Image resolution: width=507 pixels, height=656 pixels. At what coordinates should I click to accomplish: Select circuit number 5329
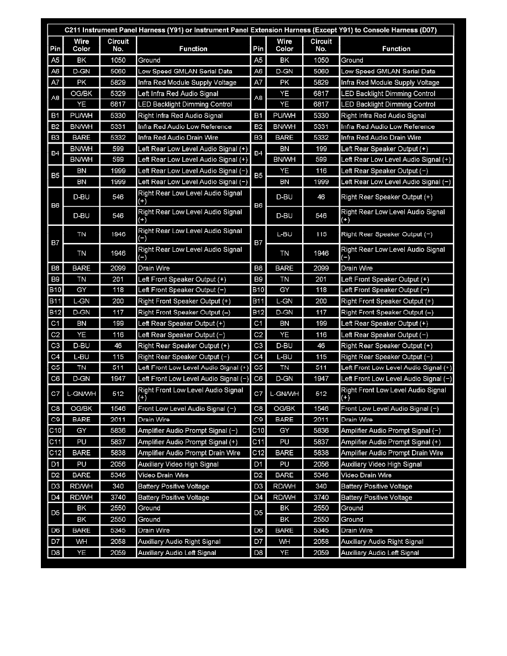tap(118, 93)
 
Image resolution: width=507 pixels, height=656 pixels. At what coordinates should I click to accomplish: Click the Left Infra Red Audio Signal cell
tap(178, 93)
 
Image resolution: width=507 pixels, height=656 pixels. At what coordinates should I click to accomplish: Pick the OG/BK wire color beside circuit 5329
tap(81, 93)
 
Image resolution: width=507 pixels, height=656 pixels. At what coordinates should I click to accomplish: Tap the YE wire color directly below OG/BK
tap(81, 104)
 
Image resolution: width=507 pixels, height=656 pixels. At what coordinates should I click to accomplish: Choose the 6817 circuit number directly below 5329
tap(118, 104)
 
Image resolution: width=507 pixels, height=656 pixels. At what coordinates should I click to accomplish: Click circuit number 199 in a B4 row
tap(321, 149)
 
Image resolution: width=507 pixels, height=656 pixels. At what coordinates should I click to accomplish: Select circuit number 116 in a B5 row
tap(321, 171)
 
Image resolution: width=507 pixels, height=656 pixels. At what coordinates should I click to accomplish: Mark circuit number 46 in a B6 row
tap(321, 197)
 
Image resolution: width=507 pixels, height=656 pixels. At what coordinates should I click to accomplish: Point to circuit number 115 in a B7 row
tap(321, 235)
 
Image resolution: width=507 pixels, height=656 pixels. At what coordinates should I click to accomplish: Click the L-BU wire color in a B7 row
tap(284, 235)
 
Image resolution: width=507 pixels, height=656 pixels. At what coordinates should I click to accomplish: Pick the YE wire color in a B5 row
tap(284, 171)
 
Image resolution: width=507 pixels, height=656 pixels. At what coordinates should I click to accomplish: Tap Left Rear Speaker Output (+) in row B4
tap(384, 149)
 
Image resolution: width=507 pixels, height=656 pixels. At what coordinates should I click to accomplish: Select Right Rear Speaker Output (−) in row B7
tap(387, 235)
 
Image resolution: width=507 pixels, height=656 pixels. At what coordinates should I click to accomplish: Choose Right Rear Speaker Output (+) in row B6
tap(387, 197)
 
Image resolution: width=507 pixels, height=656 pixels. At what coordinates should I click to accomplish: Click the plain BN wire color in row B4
tap(284, 149)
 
